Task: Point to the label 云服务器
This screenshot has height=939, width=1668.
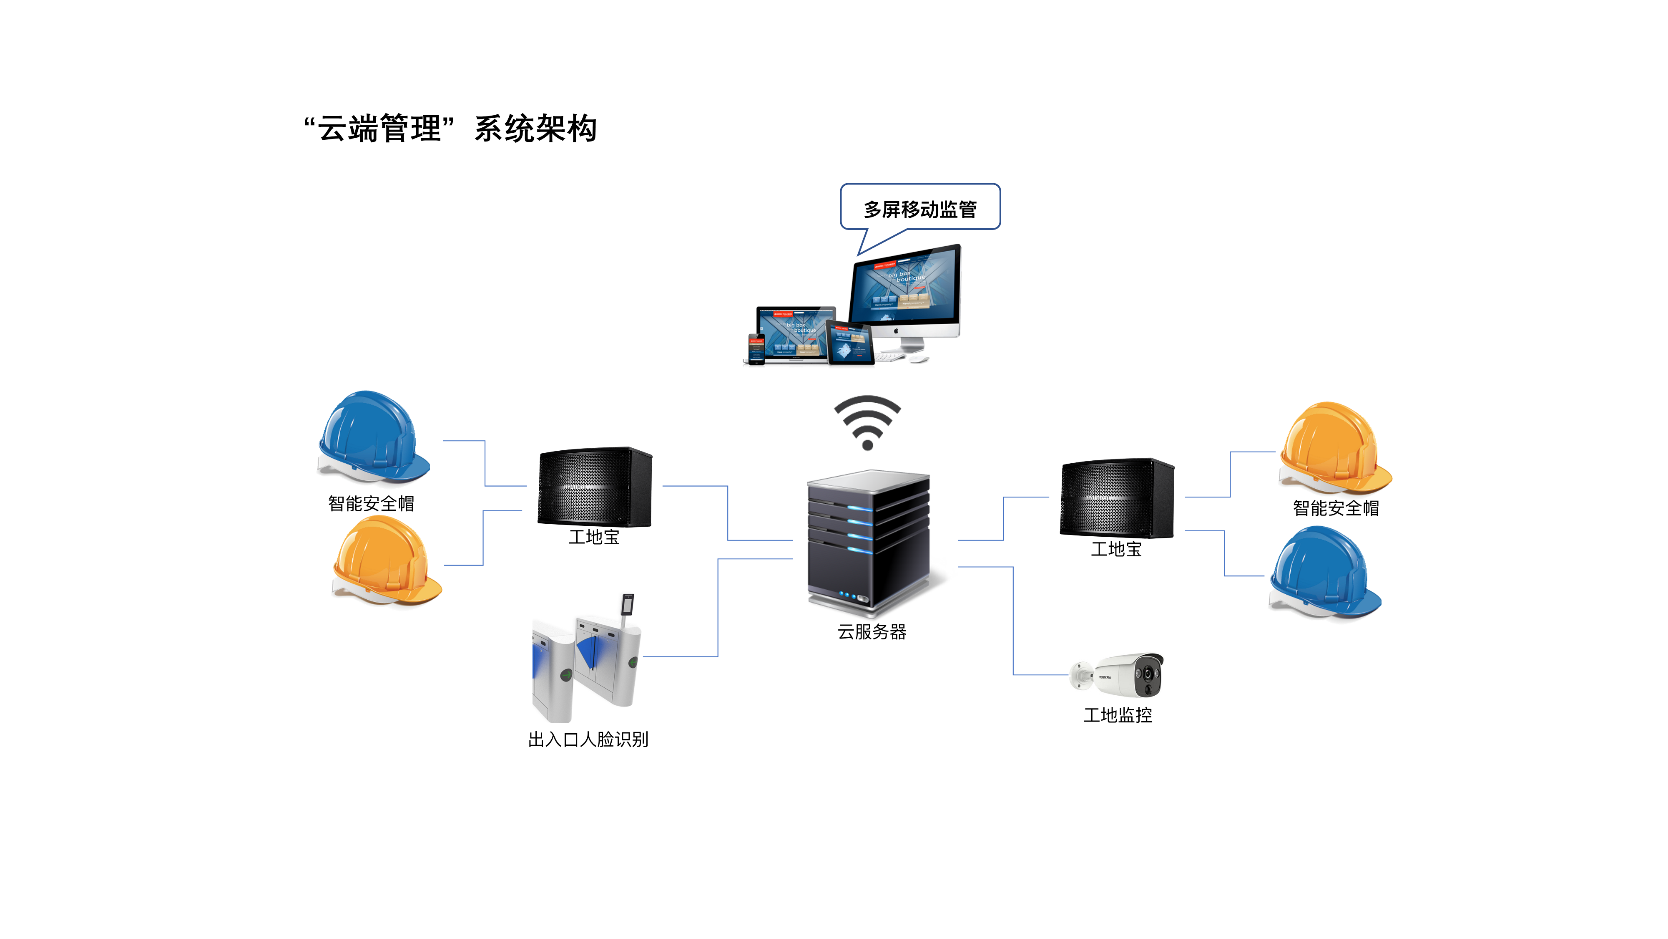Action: [x=872, y=632]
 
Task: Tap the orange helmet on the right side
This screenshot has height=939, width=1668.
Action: [x=1334, y=447]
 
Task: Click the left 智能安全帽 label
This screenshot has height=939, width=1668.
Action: [x=371, y=504]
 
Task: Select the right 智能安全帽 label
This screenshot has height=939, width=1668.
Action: [x=1335, y=508]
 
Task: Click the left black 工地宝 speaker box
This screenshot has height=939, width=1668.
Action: [x=594, y=486]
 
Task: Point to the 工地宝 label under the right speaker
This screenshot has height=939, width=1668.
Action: [x=1116, y=550]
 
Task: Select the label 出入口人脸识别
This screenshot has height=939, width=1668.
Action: [x=588, y=740]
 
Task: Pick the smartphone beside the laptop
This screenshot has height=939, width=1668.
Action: [x=756, y=348]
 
